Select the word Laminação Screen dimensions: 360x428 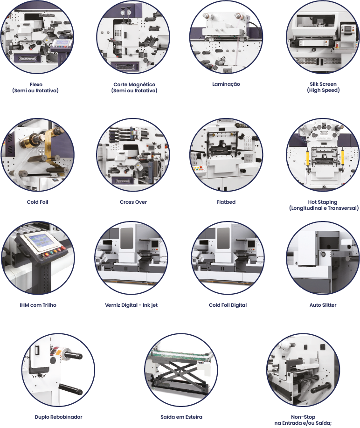(x=226, y=84)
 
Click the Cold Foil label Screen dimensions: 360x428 (x=37, y=202)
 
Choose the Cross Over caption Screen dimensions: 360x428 (x=133, y=202)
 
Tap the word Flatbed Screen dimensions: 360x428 (x=226, y=202)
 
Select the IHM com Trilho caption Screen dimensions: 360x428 (x=38, y=305)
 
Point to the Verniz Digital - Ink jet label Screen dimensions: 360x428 (x=132, y=305)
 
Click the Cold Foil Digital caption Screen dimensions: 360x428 (x=228, y=305)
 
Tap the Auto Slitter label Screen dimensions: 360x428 (x=323, y=305)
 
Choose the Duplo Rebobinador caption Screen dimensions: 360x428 (x=58, y=417)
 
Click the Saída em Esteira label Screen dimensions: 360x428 (x=181, y=417)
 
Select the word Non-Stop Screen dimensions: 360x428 (x=303, y=417)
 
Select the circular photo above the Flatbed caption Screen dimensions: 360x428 (x=226, y=155)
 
